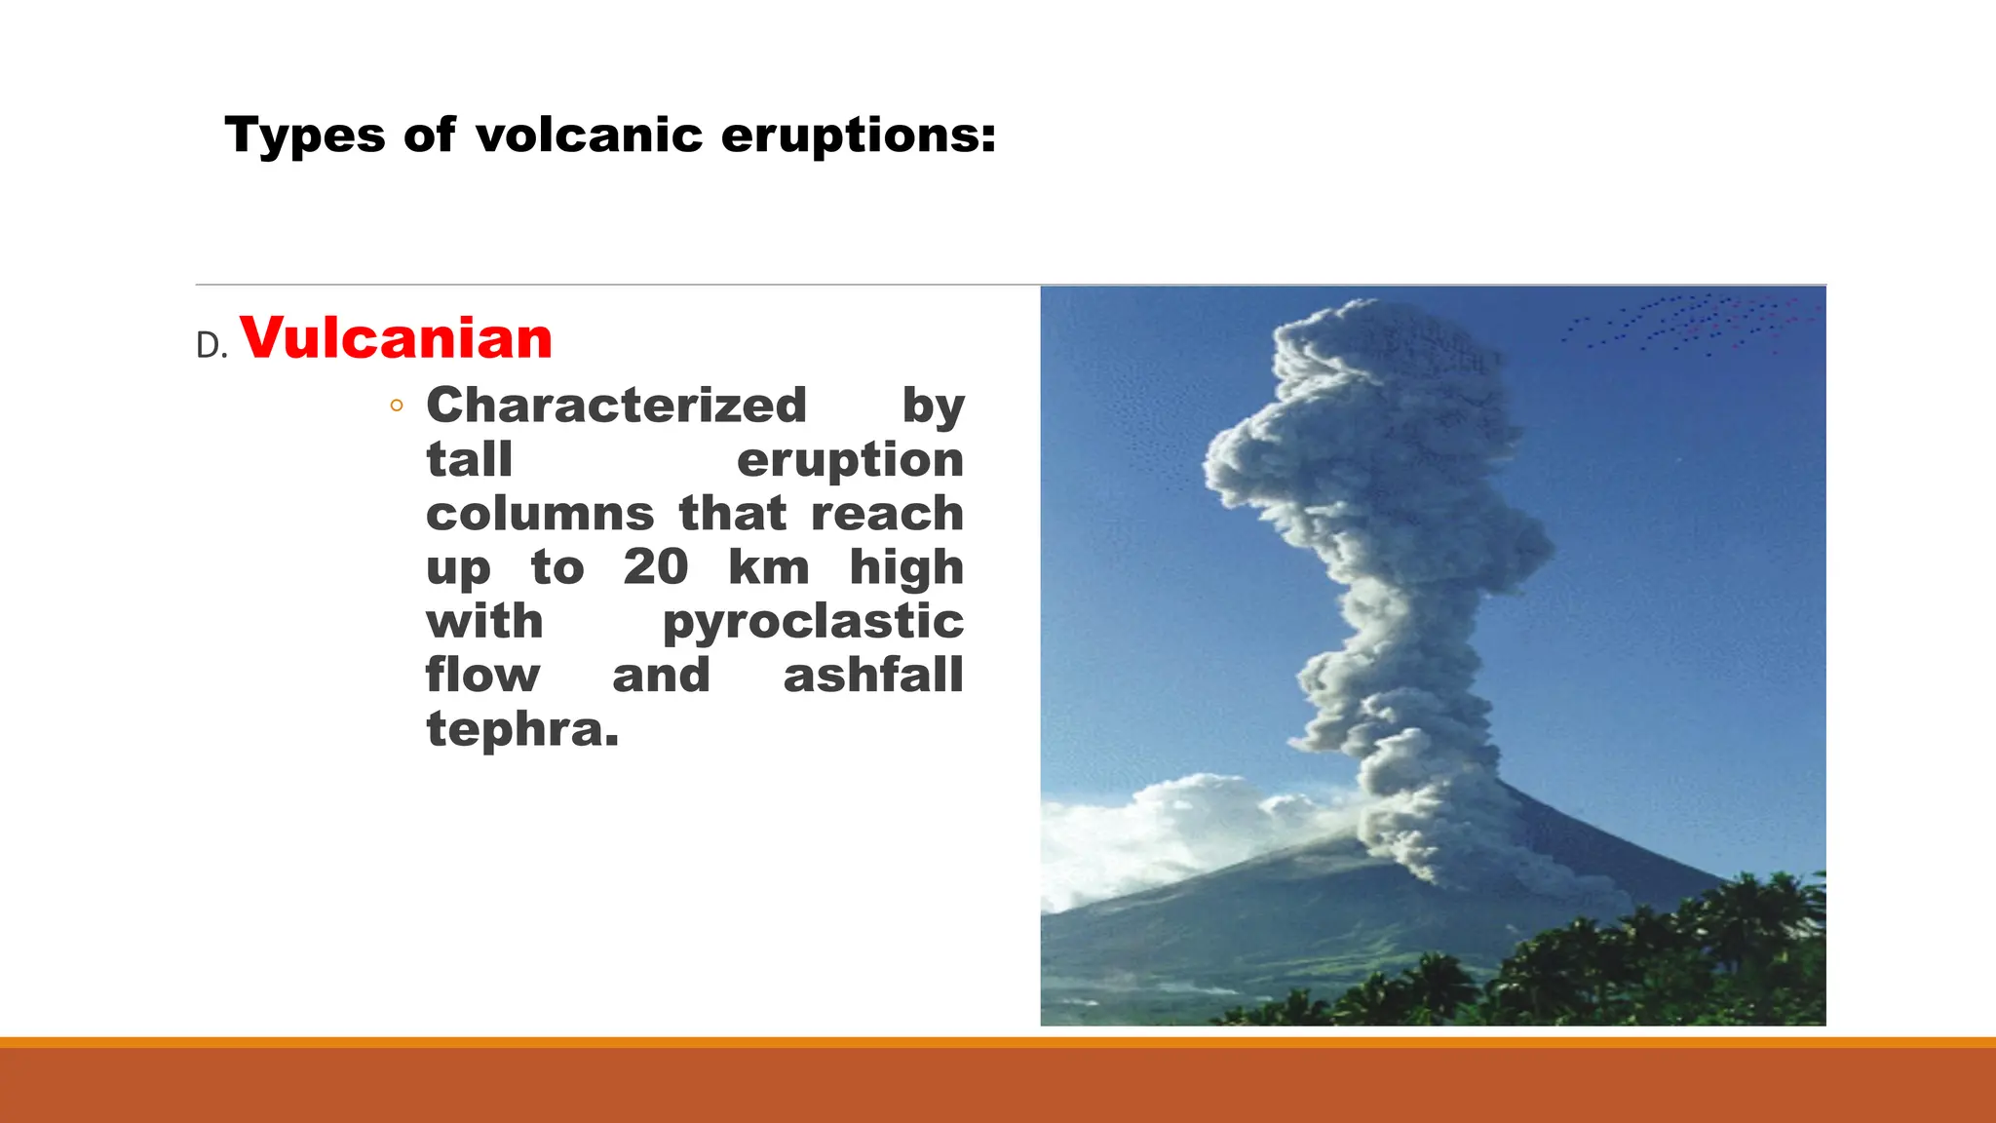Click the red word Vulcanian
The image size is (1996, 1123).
396,338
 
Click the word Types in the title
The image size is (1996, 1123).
305,136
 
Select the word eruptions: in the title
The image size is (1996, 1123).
859,136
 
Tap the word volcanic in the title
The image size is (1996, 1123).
589,136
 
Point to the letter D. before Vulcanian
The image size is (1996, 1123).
211,346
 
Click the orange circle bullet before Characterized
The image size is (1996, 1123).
396,406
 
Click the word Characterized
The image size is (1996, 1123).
616,406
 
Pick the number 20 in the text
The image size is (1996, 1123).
655,567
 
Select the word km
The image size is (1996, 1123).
768,567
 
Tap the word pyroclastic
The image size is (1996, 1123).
813,622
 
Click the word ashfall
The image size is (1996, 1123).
873,676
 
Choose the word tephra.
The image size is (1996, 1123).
521,729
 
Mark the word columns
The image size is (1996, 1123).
539,514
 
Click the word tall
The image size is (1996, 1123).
469,460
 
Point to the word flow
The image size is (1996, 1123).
482,676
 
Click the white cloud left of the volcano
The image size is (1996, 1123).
1170,829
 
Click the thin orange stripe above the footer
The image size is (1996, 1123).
998,1042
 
